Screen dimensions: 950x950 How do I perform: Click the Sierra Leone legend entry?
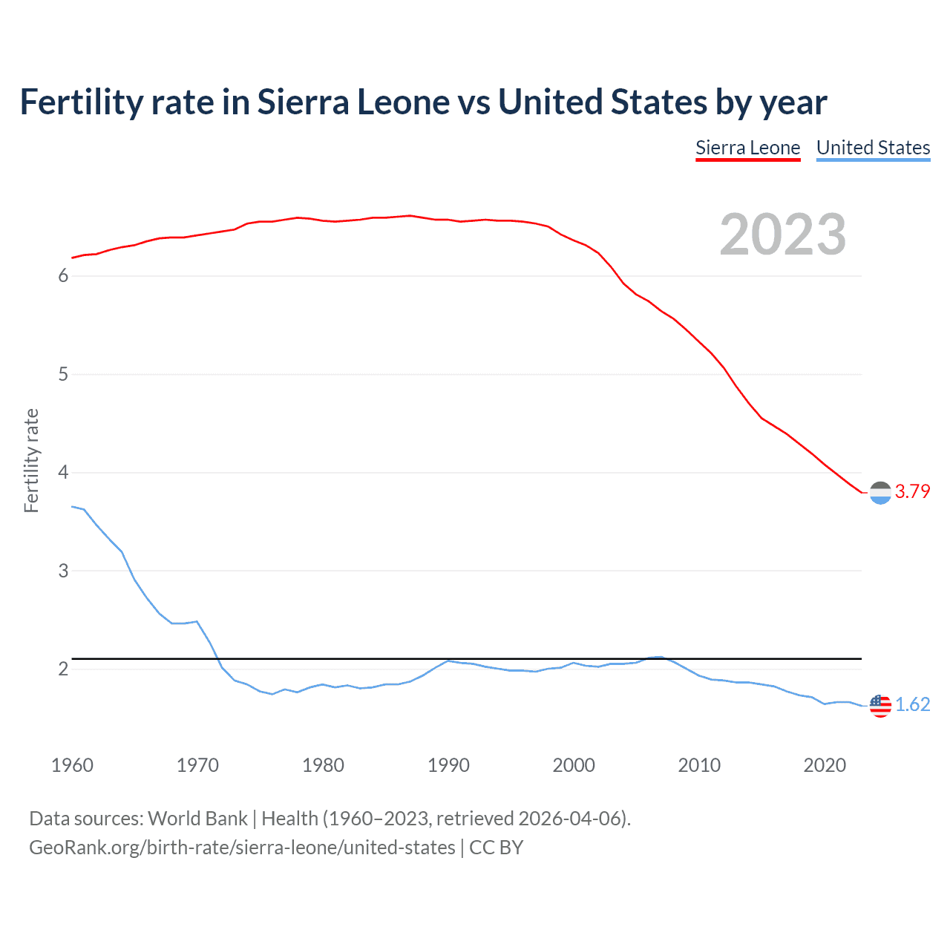tap(747, 148)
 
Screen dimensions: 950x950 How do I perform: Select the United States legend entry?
tap(873, 148)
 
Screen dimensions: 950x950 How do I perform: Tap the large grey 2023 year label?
tap(782, 235)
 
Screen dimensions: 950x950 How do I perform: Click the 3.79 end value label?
tap(912, 491)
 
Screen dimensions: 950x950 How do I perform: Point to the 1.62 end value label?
tap(912, 704)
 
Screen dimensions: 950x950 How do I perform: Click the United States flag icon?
tap(880, 705)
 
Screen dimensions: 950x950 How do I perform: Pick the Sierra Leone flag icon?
tap(880, 492)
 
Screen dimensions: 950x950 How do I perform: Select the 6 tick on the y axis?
tap(63, 276)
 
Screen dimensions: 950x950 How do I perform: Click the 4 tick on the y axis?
tap(63, 473)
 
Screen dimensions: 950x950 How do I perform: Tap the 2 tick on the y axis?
tap(63, 669)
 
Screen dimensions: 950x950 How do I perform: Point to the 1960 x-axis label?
tap(72, 765)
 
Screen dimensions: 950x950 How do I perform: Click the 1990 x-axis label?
tap(448, 765)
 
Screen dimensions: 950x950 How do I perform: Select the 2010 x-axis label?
tap(699, 765)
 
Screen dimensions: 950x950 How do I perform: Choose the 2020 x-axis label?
tap(825, 765)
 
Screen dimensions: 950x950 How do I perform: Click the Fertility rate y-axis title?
tap(31, 460)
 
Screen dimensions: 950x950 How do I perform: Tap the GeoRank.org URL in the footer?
tap(242, 848)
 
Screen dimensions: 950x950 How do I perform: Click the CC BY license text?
tap(496, 848)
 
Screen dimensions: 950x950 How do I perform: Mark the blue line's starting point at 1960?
tap(72, 506)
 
